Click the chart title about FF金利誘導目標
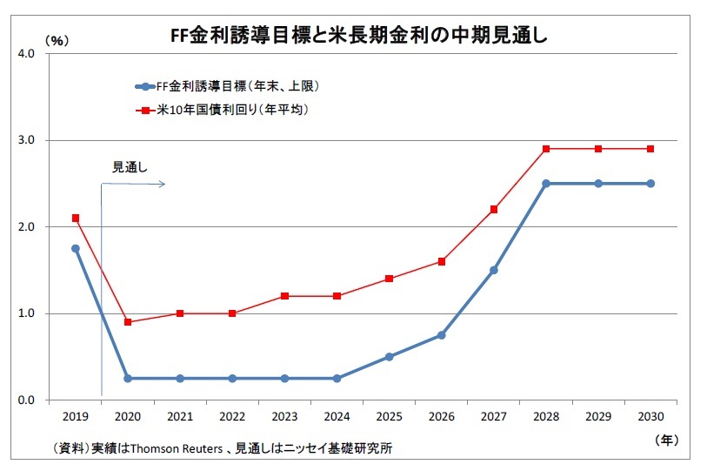tap(358, 35)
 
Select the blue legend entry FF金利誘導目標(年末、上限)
tap(228, 86)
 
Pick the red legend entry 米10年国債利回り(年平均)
tap(223, 110)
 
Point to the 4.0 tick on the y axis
tap(26, 54)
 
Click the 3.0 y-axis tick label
tap(26, 140)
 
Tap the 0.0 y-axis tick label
tap(26, 400)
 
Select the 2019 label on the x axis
tap(76, 416)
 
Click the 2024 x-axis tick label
tap(337, 416)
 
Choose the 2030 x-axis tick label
tap(650, 416)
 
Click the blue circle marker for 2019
tap(76, 248)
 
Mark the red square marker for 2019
tap(76, 219)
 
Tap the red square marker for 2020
tap(128, 322)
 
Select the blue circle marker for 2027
tap(494, 270)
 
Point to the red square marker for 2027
tap(494, 210)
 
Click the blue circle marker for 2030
tap(650, 184)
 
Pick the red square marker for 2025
tap(389, 279)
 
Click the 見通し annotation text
tap(130, 167)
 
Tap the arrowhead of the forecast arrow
tap(163, 184)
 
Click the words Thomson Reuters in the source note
tap(177, 448)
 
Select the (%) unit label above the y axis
tap(57, 41)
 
